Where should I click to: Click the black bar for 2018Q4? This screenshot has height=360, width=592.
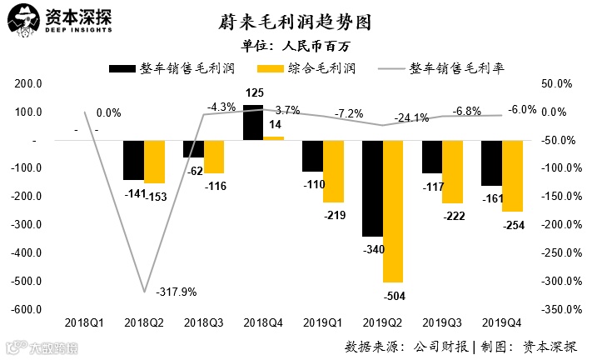[253, 122]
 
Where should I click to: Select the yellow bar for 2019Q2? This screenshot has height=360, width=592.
[393, 211]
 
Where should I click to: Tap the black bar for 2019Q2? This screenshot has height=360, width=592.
[372, 188]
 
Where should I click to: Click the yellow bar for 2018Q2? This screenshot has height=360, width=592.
[154, 162]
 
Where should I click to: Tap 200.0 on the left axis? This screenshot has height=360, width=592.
[28, 84]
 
